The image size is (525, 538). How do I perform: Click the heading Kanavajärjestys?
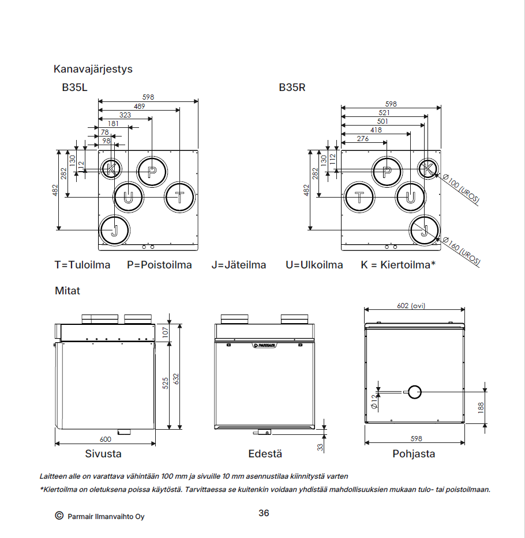(x=93, y=69)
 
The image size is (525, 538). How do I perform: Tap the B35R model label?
(x=292, y=88)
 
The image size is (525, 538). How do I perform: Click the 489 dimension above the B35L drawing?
(x=139, y=107)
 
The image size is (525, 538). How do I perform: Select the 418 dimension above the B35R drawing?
(x=376, y=130)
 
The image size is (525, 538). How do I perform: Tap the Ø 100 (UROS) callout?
(x=461, y=189)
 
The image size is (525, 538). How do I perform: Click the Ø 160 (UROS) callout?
(x=462, y=250)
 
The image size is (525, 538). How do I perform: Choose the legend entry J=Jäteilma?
(x=239, y=265)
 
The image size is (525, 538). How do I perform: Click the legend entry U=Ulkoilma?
(x=314, y=265)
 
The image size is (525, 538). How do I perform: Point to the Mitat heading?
(x=67, y=291)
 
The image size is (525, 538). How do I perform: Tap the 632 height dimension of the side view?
(x=177, y=379)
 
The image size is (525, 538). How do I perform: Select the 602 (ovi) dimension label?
(x=411, y=306)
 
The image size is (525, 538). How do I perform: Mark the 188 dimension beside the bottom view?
(x=481, y=407)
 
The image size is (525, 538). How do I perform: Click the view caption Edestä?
(x=265, y=454)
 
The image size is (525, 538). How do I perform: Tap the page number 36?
(x=264, y=513)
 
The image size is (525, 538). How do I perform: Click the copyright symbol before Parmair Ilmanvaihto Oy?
(x=59, y=516)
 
